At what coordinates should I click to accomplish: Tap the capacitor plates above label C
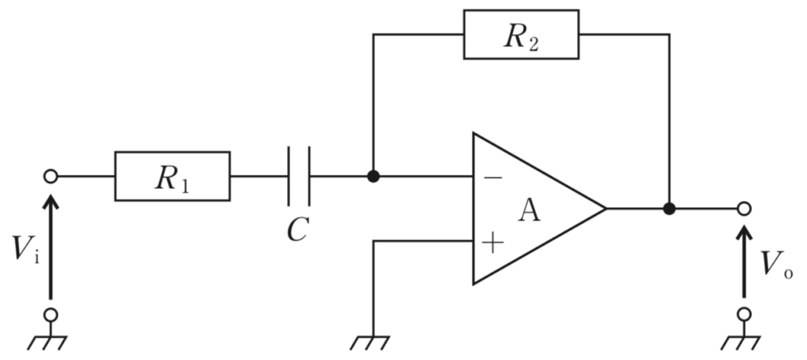(x=299, y=176)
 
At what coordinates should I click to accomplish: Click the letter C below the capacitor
(x=298, y=229)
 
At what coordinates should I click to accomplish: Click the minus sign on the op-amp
(x=493, y=178)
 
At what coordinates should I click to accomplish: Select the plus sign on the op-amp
(x=493, y=242)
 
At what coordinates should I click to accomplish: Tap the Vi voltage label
(x=26, y=250)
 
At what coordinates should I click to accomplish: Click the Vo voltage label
(x=776, y=265)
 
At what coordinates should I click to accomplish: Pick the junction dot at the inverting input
(x=373, y=176)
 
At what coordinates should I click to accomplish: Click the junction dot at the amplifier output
(x=669, y=208)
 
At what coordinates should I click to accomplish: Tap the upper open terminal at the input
(x=50, y=176)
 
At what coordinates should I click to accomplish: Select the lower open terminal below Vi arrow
(x=50, y=314)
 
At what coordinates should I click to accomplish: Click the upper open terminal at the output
(x=744, y=208)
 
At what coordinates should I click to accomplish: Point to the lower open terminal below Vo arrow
(x=744, y=314)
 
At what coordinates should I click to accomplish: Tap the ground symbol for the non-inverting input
(x=370, y=343)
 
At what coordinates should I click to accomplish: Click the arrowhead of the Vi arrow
(x=50, y=202)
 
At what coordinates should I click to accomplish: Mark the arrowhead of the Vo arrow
(x=744, y=233)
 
